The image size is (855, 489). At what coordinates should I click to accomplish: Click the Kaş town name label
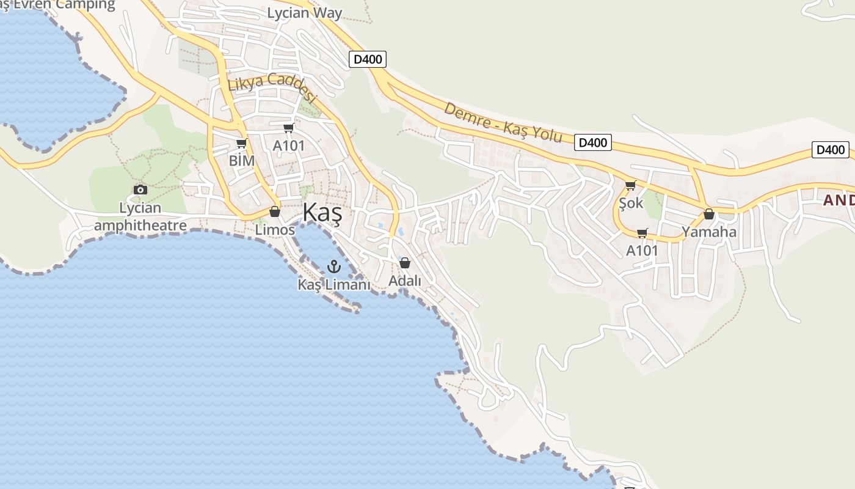pyautogui.click(x=322, y=213)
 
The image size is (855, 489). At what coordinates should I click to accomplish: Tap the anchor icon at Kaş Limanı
pyautogui.click(x=333, y=266)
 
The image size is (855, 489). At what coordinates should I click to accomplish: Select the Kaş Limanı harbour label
pyautogui.click(x=334, y=284)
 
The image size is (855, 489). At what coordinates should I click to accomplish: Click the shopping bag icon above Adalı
pyautogui.click(x=404, y=263)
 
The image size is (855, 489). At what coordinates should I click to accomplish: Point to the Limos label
pyautogui.click(x=275, y=230)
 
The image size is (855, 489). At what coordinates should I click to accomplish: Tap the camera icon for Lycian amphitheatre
pyautogui.click(x=140, y=189)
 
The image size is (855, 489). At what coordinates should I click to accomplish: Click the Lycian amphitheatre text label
pyautogui.click(x=140, y=217)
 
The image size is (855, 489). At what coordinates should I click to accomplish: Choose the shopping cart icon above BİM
pyautogui.click(x=241, y=144)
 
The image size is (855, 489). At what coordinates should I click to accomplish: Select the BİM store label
pyautogui.click(x=241, y=161)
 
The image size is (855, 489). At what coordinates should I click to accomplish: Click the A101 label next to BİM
pyautogui.click(x=288, y=146)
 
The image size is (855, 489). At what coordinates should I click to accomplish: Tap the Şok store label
pyautogui.click(x=631, y=203)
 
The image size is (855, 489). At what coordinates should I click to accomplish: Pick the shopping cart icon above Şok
pyautogui.click(x=630, y=185)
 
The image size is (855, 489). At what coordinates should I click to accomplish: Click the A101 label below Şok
pyautogui.click(x=642, y=251)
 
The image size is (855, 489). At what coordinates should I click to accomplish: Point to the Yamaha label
pyautogui.click(x=709, y=232)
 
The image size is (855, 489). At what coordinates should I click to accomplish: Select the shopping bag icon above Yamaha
pyautogui.click(x=708, y=214)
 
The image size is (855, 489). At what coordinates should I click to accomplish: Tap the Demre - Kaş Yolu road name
pyautogui.click(x=503, y=122)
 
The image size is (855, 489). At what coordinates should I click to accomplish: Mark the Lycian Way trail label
pyautogui.click(x=305, y=13)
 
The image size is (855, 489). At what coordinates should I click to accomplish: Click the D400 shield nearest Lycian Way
pyautogui.click(x=368, y=59)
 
